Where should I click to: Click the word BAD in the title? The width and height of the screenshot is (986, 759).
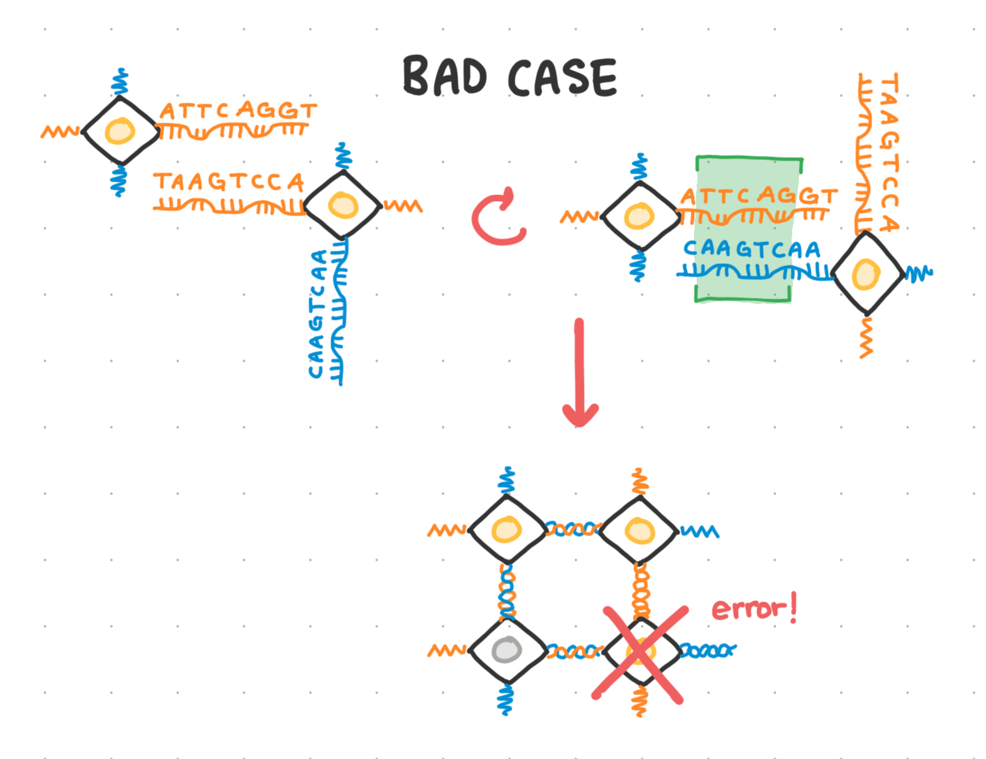pos(445,76)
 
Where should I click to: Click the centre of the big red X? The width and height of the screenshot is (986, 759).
pos(640,653)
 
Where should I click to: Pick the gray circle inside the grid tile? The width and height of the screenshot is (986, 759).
pos(507,650)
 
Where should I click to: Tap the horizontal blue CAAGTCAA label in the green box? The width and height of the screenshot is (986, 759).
pos(752,249)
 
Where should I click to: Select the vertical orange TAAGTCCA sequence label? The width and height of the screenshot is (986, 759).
pos(889,153)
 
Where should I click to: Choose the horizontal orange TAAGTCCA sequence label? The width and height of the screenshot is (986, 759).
pos(228,182)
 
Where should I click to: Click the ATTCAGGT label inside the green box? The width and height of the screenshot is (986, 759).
pos(758,196)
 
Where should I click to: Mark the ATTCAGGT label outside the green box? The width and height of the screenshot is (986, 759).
pos(238,110)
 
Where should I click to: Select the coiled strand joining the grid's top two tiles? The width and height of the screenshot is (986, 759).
pos(573,529)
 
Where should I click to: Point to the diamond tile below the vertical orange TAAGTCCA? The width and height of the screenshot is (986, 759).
pos(866,273)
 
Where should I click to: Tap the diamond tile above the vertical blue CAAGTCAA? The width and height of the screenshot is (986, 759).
pos(342,205)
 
